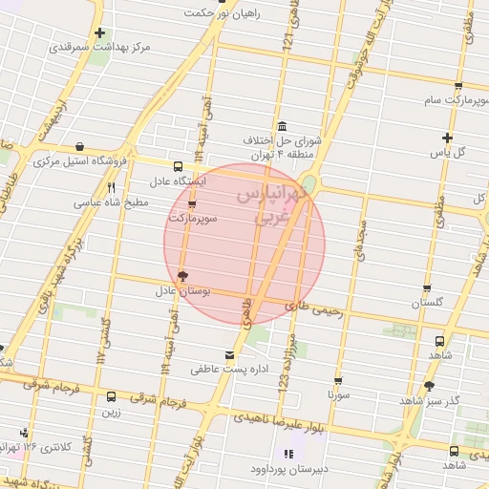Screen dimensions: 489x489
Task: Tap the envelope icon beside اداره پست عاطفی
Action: click(x=228, y=355)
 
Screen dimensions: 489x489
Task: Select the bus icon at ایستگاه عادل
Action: click(x=177, y=165)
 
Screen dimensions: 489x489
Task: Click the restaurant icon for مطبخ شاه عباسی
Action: click(x=112, y=188)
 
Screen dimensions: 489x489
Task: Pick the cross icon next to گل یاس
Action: click(x=447, y=138)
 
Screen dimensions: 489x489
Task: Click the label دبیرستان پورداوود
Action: click(x=287, y=468)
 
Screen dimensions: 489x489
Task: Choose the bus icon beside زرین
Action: click(x=112, y=397)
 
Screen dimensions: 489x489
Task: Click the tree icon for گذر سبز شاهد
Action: click(x=428, y=387)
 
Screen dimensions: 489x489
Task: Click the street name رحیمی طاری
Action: click(x=306, y=307)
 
